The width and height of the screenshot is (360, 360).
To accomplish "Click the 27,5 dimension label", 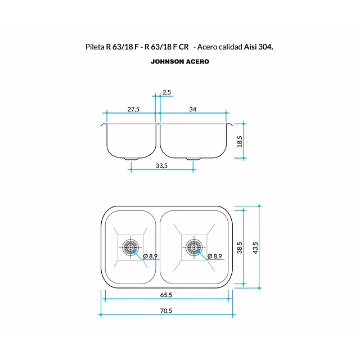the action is pos(133,109).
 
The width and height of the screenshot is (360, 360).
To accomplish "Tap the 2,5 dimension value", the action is pos(167,92).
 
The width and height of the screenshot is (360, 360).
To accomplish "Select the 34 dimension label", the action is pos(192,109).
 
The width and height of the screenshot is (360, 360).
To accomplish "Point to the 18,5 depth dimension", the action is pos(240,141).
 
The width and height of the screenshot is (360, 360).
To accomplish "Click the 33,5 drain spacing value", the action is pos(161,166).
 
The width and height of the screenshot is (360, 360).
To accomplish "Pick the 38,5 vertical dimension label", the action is pos(240,247).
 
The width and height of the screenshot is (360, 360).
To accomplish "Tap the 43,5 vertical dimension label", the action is pos(255,247).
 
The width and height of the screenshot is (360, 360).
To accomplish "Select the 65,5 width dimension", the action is pos(166,295).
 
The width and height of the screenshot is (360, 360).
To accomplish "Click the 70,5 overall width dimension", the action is pos(166,311).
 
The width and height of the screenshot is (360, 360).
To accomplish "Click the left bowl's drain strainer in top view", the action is pos(130,247).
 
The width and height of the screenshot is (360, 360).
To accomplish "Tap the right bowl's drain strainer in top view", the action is pos(194,247).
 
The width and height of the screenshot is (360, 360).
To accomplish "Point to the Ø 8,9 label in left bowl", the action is pos(150,256).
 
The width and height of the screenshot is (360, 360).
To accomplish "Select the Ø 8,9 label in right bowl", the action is pos(215,256).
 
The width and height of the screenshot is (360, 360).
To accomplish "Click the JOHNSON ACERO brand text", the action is pos(180,61).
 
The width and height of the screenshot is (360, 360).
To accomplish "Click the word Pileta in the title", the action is pos(95,47).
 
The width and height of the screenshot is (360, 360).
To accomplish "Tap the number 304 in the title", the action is pos(265,47).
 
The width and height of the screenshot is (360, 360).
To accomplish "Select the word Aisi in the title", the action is pos(250,47).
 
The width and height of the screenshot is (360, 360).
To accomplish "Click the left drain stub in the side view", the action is pos(132,159).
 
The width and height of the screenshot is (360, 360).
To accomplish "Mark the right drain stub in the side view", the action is pos(193,159).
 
